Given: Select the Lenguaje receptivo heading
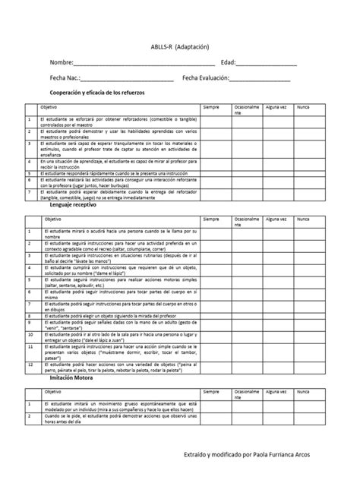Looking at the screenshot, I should [73, 205].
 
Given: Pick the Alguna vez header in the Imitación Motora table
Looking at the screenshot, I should [276, 392].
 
